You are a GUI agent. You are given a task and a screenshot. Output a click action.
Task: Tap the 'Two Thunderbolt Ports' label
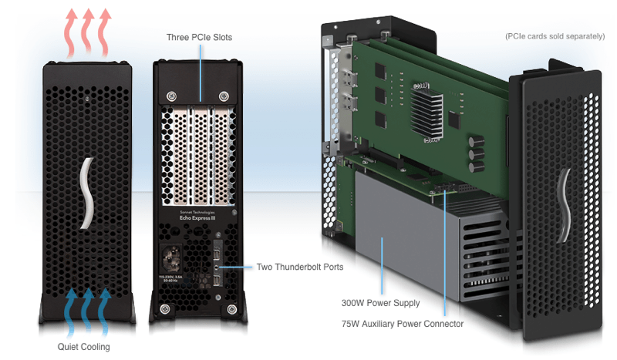coord(299,267)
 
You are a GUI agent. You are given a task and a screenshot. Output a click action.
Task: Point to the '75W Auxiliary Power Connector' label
coord(402,324)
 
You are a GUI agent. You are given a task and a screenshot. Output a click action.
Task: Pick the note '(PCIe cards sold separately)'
coord(555,36)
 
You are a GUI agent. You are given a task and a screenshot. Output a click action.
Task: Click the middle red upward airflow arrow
coord(87,31)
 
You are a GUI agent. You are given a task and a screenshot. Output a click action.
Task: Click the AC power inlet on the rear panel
coord(174,257)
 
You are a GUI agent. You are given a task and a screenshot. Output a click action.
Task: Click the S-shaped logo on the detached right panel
coord(566,204)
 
